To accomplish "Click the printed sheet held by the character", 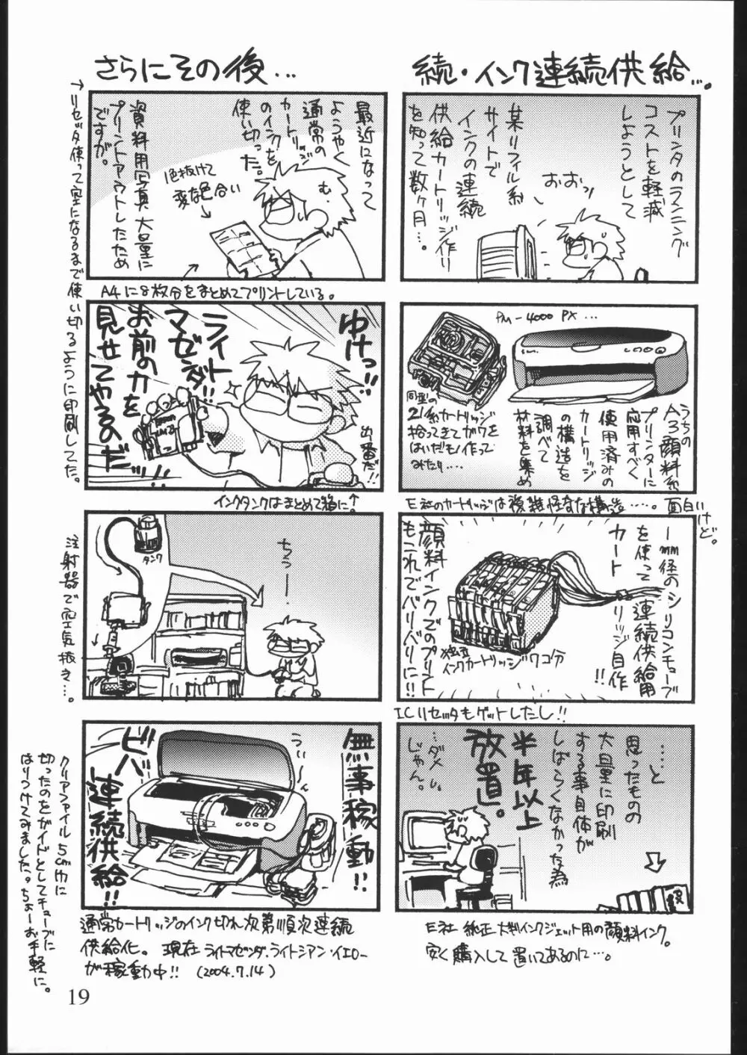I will tap(240, 244).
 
